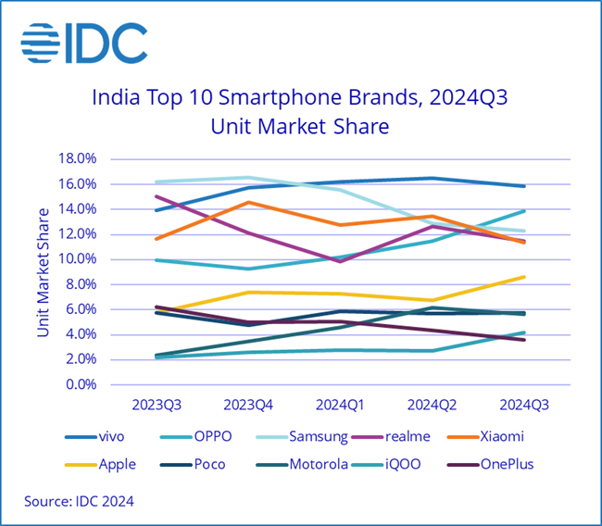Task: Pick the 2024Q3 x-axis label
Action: pyautogui.click(x=524, y=406)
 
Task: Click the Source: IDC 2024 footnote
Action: pyautogui.click(x=80, y=502)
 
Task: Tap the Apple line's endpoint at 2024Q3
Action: pyautogui.click(x=524, y=277)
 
